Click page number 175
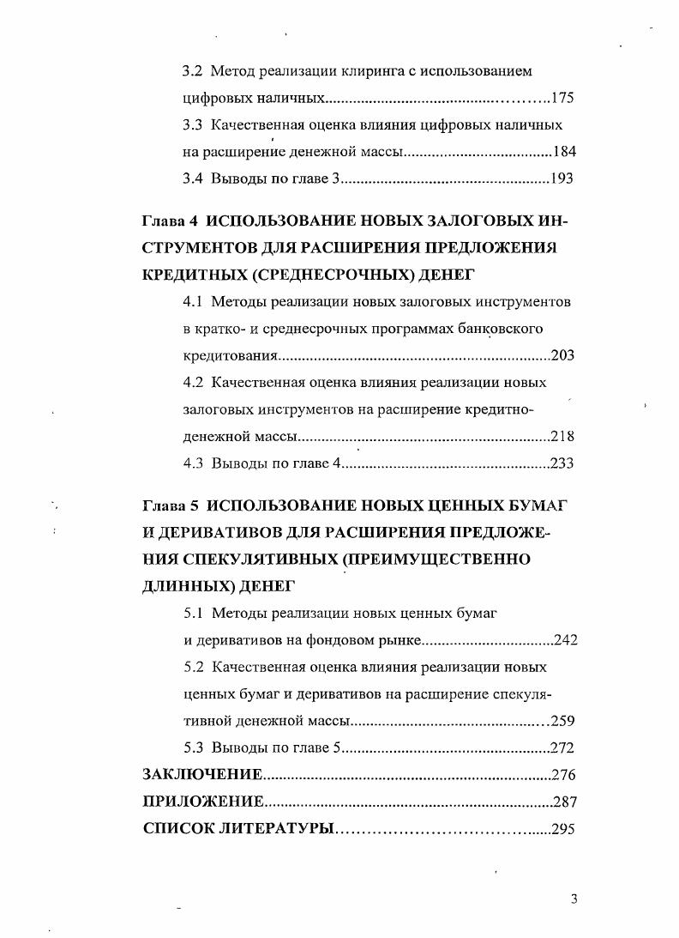coord(563,98)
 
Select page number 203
coord(562,355)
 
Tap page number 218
coord(562,436)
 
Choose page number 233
coord(562,463)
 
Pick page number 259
coord(562,720)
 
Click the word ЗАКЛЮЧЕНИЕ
coord(201,775)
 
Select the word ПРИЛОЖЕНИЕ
coord(202,802)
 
